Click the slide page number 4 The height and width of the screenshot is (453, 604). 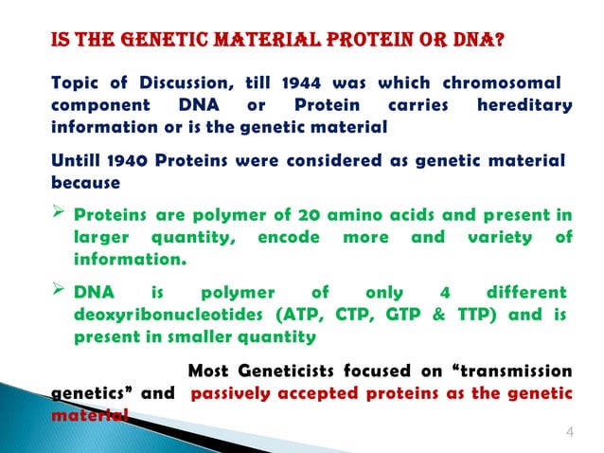[569, 433]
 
